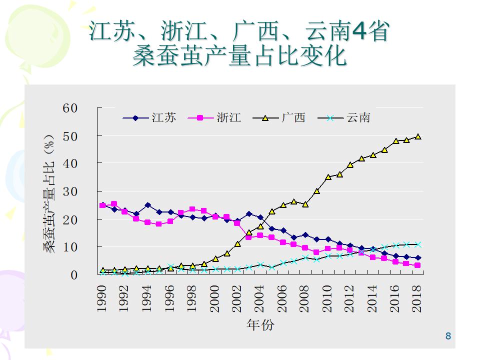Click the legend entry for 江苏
[x=150, y=118]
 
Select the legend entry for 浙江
[x=215, y=118]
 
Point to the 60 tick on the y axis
[x=70, y=108]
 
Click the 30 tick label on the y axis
[x=70, y=191]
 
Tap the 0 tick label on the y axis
[x=74, y=275]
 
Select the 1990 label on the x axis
[x=102, y=298]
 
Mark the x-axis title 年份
[x=260, y=325]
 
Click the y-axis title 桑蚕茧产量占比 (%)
[x=49, y=193]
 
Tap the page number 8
[x=448, y=336]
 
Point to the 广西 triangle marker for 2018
[x=418, y=136]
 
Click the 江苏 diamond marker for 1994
[x=147, y=205]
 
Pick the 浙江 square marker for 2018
[x=417, y=265]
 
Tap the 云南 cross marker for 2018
[x=418, y=244]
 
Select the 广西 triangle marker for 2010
[x=328, y=177]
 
